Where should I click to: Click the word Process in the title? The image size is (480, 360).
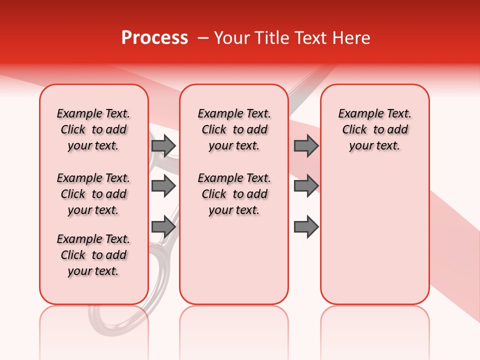pyautogui.click(x=154, y=38)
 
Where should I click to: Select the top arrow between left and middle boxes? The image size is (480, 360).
pyautogui.click(x=163, y=145)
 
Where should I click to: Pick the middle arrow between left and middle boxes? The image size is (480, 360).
pyautogui.click(x=163, y=186)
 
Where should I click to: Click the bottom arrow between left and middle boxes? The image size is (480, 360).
pyautogui.click(x=163, y=227)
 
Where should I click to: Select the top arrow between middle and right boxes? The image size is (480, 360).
pyautogui.click(x=306, y=145)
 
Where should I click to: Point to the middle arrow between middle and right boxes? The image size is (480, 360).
pyautogui.click(x=306, y=186)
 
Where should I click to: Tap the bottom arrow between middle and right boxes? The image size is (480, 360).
pyautogui.click(x=306, y=227)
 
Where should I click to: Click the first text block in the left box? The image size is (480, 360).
pyautogui.click(x=93, y=129)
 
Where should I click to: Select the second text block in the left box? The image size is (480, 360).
pyautogui.click(x=93, y=194)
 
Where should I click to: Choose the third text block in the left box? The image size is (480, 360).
pyautogui.click(x=93, y=255)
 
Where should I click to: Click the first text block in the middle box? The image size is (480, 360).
pyautogui.click(x=234, y=129)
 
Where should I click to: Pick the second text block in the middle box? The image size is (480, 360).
pyautogui.click(x=234, y=194)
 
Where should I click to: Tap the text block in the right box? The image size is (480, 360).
pyautogui.click(x=374, y=129)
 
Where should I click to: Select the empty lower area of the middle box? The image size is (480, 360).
pyautogui.click(x=234, y=260)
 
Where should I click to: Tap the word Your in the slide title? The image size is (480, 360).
pyautogui.click(x=232, y=38)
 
